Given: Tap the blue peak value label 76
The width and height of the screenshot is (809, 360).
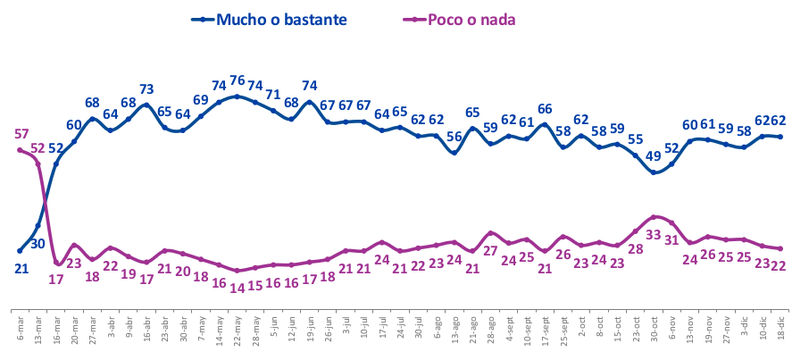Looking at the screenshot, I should (238, 81).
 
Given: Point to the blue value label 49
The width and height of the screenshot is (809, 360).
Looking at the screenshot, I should (655, 156).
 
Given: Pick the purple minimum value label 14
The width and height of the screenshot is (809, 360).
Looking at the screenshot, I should (237, 288).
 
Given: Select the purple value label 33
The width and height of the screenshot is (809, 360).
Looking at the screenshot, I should (653, 235).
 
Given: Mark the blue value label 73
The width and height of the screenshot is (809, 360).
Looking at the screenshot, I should (146, 89).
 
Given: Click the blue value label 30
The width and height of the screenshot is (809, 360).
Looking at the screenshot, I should (38, 244).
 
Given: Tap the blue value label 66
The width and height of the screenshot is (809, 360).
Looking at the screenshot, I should (545, 109).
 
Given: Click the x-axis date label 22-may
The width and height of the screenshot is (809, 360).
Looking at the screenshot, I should (237, 327).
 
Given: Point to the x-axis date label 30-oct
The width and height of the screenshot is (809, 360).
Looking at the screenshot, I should (655, 326).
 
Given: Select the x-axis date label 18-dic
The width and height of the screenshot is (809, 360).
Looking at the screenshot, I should (781, 325).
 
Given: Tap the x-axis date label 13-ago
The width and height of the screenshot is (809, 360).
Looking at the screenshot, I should (455, 327).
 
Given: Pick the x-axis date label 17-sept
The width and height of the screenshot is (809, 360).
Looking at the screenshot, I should (545, 328).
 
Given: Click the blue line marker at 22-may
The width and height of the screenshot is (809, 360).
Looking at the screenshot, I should (237, 96).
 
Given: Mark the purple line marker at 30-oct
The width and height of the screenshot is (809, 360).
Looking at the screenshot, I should (655, 216).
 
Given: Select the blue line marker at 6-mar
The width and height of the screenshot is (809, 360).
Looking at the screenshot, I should (20, 250).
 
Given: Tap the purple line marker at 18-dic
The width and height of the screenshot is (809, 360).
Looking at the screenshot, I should (781, 248).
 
